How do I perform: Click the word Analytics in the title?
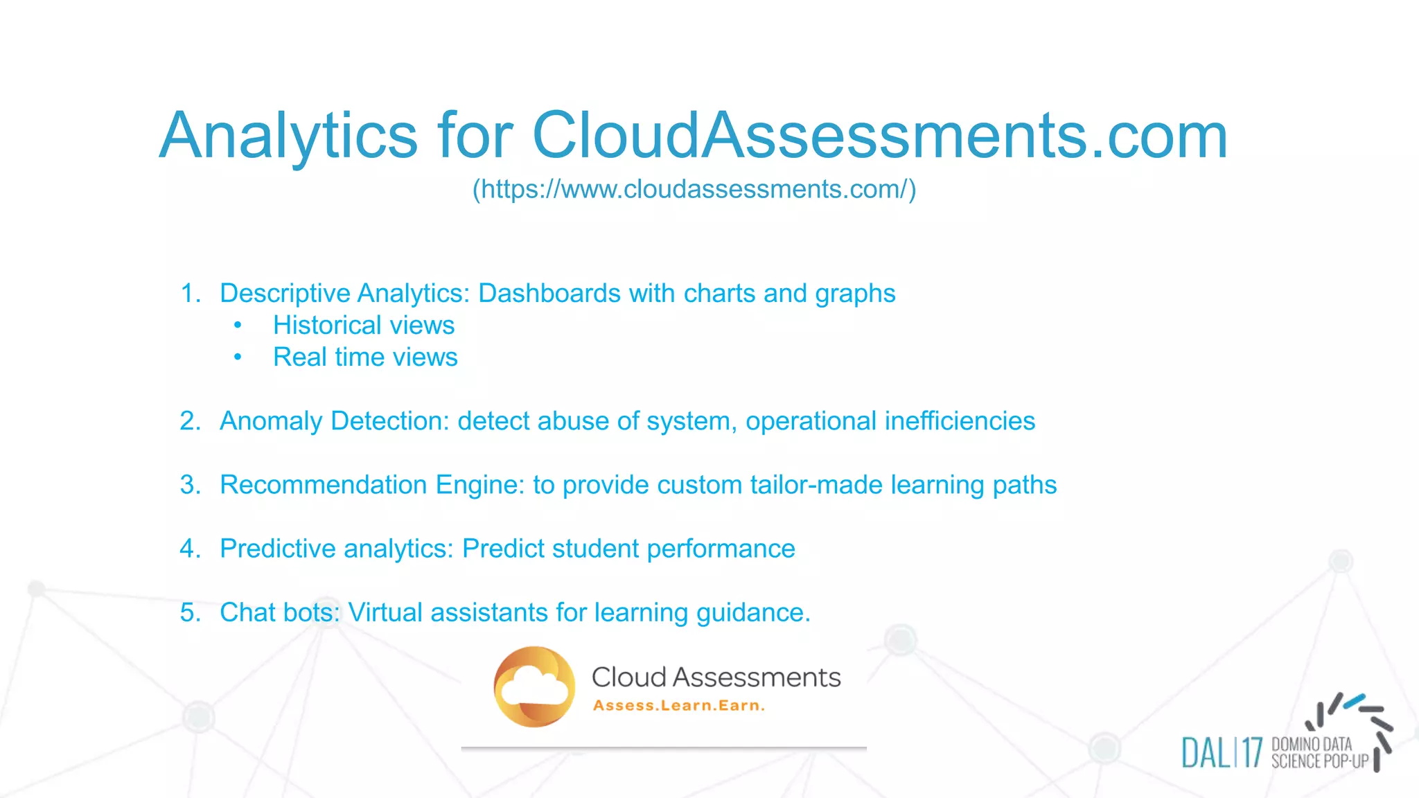click(x=288, y=136)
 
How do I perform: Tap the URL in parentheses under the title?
click(x=694, y=189)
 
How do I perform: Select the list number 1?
click(x=189, y=293)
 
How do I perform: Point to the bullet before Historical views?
click(x=238, y=325)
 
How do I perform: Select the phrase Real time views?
click(x=365, y=357)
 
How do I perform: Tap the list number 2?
click(x=189, y=420)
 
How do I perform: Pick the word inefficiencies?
click(x=960, y=420)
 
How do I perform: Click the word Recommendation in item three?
click(x=323, y=485)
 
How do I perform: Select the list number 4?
click(x=189, y=549)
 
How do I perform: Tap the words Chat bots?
click(x=280, y=612)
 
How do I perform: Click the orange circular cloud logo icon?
click(x=534, y=686)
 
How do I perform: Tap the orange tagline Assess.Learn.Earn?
click(x=679, y=706)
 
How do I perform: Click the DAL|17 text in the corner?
click(x=1222, y=753)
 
